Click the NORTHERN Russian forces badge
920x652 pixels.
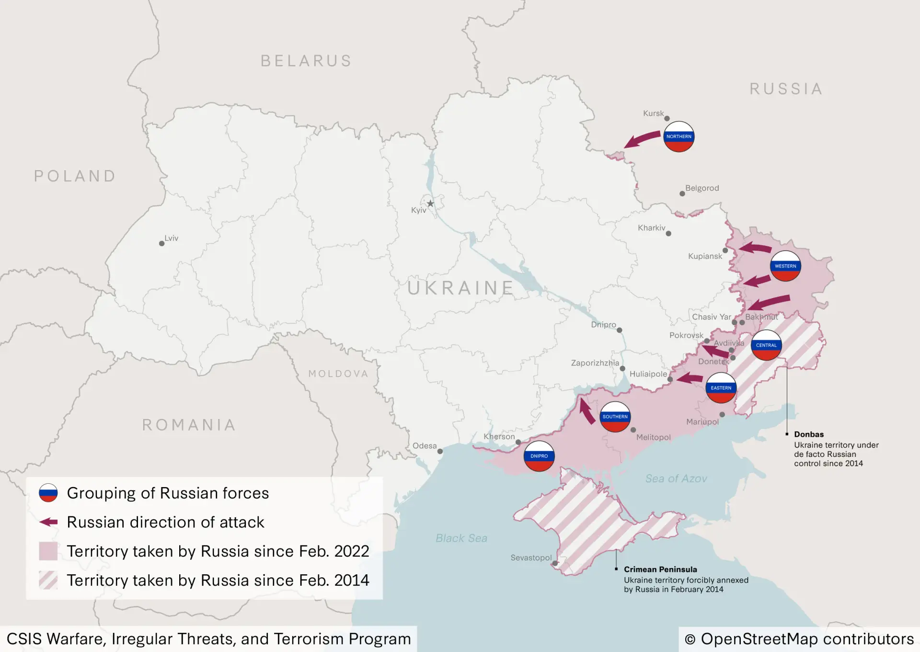coord(678,137)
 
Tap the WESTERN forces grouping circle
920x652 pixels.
coord(785,266)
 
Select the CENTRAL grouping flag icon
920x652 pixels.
coord(766,345)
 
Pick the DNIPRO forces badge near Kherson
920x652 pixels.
coord(539,456)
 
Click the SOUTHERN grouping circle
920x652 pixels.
coord(615,417)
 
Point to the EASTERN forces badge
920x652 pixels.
coord(721,388)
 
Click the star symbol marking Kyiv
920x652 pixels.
coord(430,204)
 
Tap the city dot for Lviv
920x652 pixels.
coord(161,244)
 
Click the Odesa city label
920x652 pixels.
coord(425,446)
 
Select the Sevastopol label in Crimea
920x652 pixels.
coord(531,558)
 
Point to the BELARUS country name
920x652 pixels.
coord(306,61)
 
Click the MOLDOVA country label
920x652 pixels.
coord(338,374)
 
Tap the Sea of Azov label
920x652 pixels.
coord(676,478)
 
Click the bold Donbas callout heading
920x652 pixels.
coord(809,434)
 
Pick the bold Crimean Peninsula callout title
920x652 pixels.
coord(660,570)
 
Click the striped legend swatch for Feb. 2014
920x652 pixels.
coord(48,580)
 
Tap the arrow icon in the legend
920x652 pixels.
coord(48,522)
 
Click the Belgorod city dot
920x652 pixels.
coord(682,194)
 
